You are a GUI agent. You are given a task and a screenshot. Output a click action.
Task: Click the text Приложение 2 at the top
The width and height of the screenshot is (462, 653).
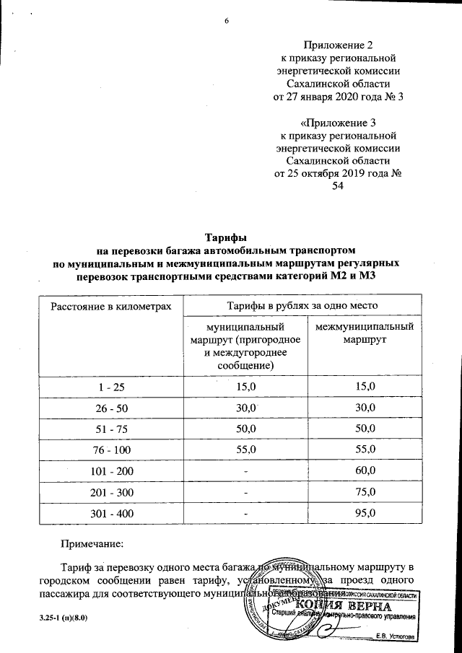[x=339, y=45]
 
